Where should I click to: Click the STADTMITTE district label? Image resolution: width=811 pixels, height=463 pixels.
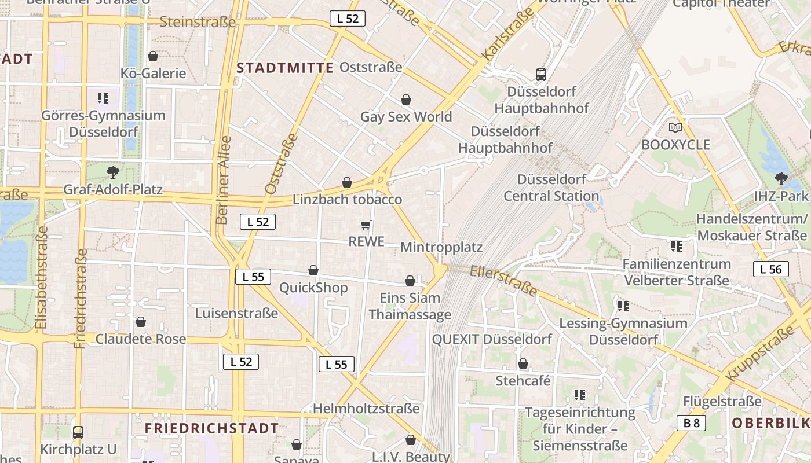pyautogui.click(x=285, y=68)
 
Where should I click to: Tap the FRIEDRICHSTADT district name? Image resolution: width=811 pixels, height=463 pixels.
pyautogui.click(x=211, y=428)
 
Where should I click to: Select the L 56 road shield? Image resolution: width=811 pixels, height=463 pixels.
pyautogui.click(x=771, y=269)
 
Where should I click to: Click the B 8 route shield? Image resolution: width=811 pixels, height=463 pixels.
pyautogui.click(x=691, y=423)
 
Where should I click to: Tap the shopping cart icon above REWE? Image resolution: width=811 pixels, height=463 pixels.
pyautogui.click(x=366, y=225)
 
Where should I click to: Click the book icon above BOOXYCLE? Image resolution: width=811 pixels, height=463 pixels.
pyautogui.click(x=675, y=127)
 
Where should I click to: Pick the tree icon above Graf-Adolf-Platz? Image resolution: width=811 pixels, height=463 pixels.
pyautogui.click(x=113, y=172)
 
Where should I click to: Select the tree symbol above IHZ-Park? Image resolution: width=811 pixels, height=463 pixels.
pyautogui.click(x=781, y=178)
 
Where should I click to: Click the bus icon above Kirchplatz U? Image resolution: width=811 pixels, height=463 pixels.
pyautogui.click(x=78, y=432)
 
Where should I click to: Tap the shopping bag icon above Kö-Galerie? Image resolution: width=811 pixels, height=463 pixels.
pyautogui.click(x=153, y=56)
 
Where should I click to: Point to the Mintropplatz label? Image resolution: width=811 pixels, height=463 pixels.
pyautogui.click(x=441, y=247)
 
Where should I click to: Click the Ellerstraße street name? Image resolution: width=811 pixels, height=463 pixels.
pyautogui.click(x=504, y=280)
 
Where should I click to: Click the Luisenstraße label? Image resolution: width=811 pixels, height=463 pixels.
pyautogui.click(x=236, y=313)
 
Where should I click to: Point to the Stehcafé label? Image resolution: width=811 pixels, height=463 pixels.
pyautogui.click(x=523, y=381)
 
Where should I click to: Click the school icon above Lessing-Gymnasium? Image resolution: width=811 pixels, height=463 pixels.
pyautogui.click(x=623, y=306)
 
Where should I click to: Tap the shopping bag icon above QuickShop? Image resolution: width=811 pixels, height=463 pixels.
pyautogui.click(x=313, y=270)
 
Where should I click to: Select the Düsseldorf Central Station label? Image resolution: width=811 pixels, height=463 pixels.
pyautogui.click(x=545, y=187)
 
